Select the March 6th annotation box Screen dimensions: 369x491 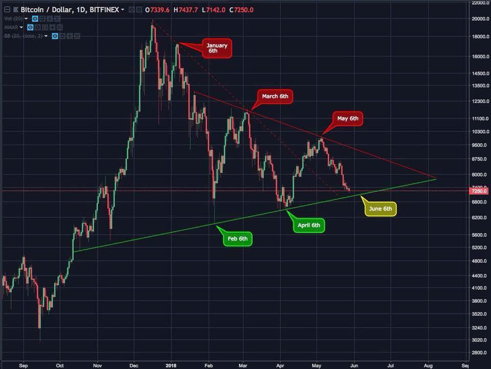click(275, 96)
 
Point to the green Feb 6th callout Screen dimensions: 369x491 click(237, 239)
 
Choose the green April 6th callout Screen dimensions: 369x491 click(309, 225)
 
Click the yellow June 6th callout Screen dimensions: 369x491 click(381, 209)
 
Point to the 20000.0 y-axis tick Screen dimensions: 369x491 click(480, 19)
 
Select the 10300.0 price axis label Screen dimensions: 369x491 click(480, 132)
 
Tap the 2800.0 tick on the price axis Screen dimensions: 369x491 click(480, 353)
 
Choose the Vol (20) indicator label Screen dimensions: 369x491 click(14, 18)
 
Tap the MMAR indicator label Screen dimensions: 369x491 click(11, 27)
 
